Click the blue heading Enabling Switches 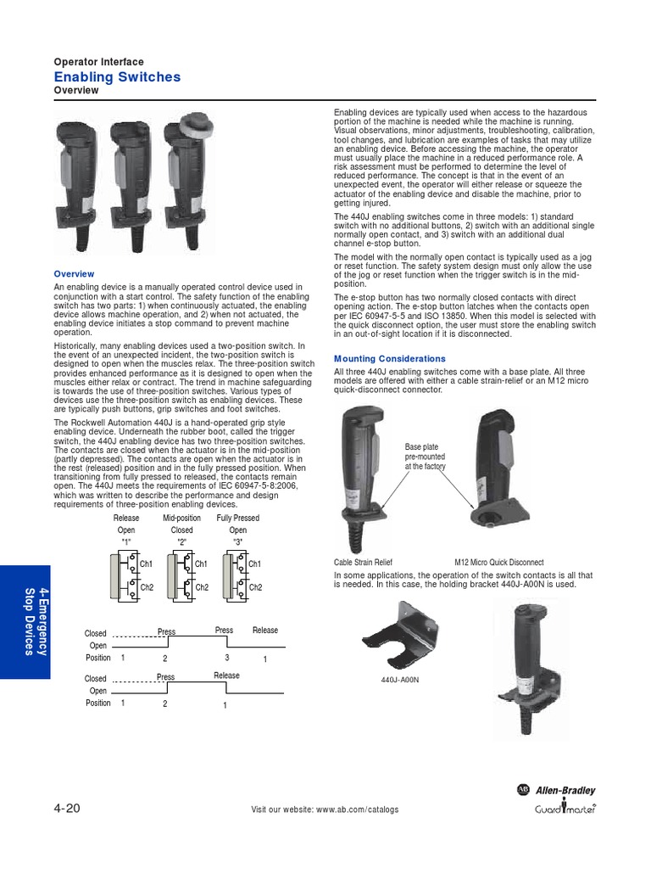click(x=117, y=77)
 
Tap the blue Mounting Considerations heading click(x=389, y=359)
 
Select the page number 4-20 click(x=67, y=808)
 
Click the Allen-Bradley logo click(x=556, y=790)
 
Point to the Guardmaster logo click(x=565, y=808)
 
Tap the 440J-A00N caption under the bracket click(x=400, y=680)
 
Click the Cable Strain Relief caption click(x=363, y=562)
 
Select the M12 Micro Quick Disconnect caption click(x=498, y=562)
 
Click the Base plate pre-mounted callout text click(x=425, y=457)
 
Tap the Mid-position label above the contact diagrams click(x=181, y=518)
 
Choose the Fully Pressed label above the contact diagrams click(x=237, y=518)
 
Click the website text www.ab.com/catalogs click(x=357, y=809)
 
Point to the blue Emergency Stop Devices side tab click(x=25, y=622)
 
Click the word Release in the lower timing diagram click(x=226, y=675)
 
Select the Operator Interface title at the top click(x=98, y=61)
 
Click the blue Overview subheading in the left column click(x=74, y=274)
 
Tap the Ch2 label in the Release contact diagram click(x=146, y=587)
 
